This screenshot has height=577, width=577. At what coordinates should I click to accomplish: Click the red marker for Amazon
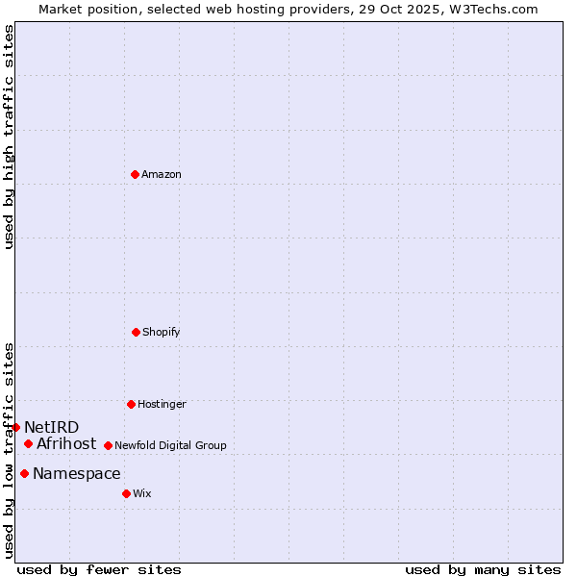click(135, 174)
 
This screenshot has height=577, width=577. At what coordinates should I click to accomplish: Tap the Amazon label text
click(162, 175)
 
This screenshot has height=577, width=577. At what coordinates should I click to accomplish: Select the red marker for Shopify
click(136, 332)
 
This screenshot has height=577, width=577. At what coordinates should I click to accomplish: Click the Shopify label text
click(162, 333)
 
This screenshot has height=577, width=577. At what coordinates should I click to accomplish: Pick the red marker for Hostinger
click(131, 404)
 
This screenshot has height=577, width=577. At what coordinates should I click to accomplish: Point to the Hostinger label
click(162, 405)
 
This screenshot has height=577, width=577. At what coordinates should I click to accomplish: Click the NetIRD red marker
click(15, 427)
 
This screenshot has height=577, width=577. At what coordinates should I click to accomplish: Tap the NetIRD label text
click(52, 428)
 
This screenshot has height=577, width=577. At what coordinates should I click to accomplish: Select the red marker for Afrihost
click(28, 443)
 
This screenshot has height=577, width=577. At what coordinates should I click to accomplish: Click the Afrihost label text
click(66, 444)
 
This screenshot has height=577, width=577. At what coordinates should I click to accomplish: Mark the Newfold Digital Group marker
click(108, 445)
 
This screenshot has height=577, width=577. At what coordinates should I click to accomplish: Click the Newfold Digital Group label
click(170, 446)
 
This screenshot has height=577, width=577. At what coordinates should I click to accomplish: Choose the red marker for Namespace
click(24, 473)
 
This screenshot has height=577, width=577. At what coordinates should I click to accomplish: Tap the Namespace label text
click(77, 474)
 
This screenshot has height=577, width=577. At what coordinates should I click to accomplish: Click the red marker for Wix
click(126, 493)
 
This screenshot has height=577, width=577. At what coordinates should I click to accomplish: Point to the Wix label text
click(142, 494)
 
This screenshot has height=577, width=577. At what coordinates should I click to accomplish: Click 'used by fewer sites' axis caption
click(99, 570)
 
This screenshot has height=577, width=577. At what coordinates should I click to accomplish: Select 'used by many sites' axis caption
click(483, 570)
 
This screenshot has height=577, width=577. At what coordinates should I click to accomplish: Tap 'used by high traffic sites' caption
click(9, 137)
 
